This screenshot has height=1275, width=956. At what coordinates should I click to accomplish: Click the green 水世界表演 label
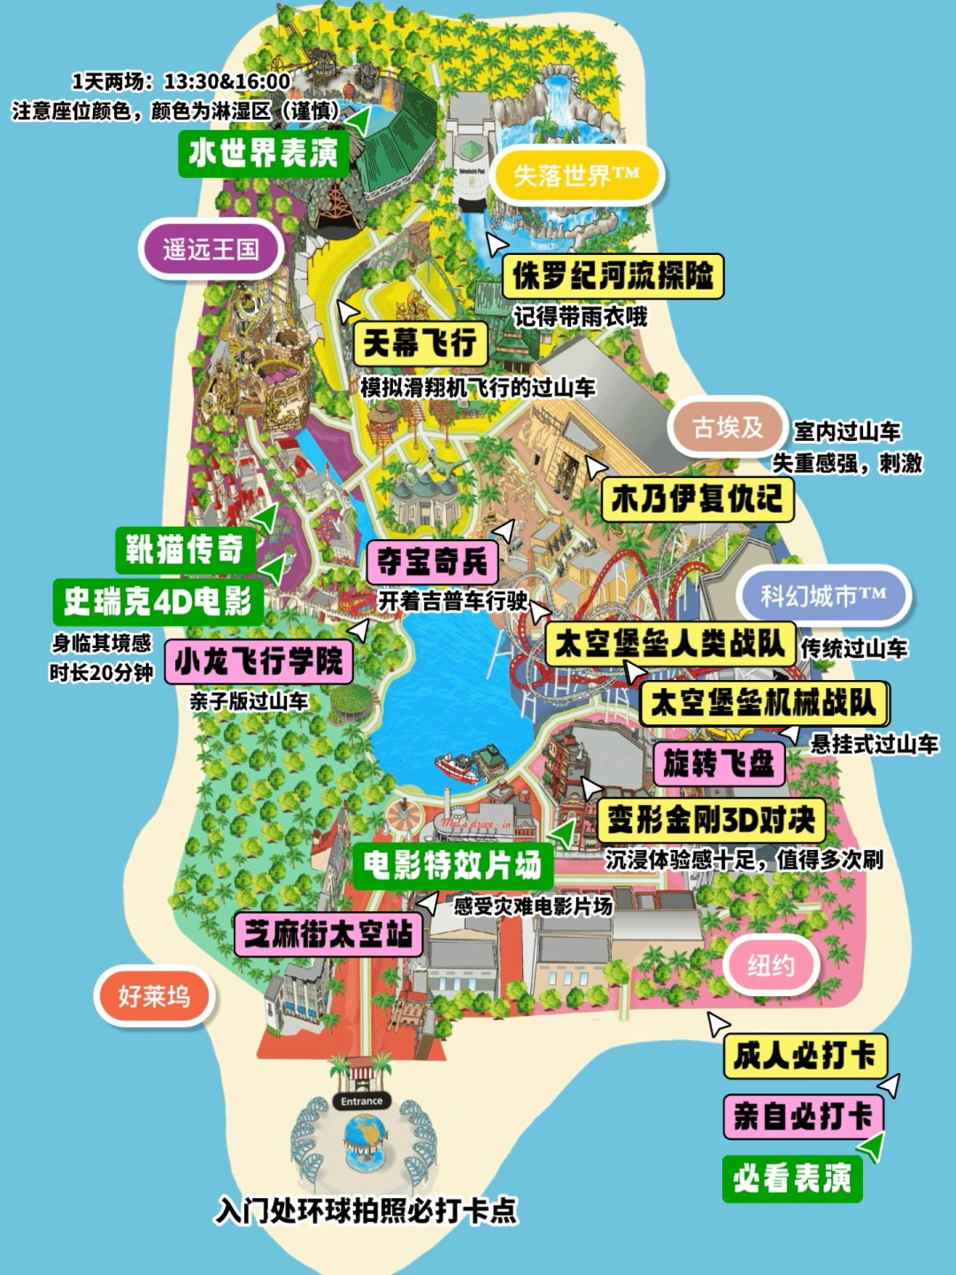tap(263, 153)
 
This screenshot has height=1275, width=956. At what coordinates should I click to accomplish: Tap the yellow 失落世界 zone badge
tap(575, 176)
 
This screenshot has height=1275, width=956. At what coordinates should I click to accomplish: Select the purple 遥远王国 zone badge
tap(211, 250)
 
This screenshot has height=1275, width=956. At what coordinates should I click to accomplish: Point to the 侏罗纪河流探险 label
tap(613, 276)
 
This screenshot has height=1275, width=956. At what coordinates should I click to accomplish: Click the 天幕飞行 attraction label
tap(420, 343)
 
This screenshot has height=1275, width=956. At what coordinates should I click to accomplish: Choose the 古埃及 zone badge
tap(728, 429)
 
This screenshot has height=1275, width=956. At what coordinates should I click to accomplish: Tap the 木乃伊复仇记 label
tap(697, 499)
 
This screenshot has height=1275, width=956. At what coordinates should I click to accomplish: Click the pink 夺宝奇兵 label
tap(432, 561)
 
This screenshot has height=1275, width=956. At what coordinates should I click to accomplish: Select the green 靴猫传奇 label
tap(184, 550)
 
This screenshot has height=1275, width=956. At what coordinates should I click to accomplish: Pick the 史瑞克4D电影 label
tap(158, 602)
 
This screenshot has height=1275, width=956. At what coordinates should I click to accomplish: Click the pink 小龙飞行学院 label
tap(258, 661)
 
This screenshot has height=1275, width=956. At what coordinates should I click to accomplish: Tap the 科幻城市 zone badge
tap(823, 596)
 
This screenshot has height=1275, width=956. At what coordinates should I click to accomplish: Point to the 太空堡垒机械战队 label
tap(763, 704)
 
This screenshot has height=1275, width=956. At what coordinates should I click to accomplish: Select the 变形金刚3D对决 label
tap(711, 821)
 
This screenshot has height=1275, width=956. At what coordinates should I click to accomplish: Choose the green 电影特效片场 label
tap(452, 865)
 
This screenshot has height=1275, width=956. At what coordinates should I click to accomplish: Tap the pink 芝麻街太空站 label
tap(328, 934)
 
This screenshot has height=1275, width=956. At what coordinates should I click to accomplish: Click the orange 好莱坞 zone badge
tap(154, 997)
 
